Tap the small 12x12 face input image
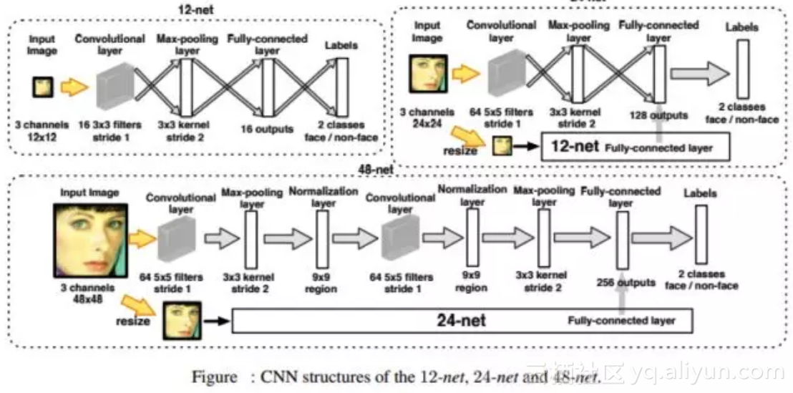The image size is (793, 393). [x=42, y=88]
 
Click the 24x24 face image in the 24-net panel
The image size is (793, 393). [x=427, y=74]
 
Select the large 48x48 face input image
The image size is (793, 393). [x=89, y=239]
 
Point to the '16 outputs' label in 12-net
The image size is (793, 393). [x=268, y=129]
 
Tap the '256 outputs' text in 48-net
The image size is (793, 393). [x=626, y=283]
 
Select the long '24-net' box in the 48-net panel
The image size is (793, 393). [x=462, y=320]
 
